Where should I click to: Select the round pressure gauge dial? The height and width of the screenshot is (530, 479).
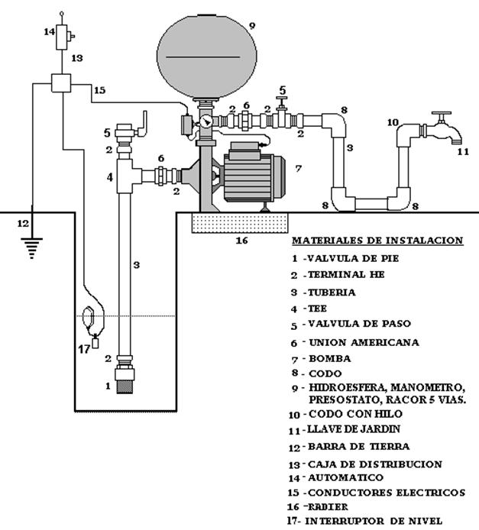click(206, 121)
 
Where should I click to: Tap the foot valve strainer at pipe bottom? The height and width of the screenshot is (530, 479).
click(125, 386)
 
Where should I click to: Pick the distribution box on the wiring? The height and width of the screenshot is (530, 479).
click(61, 82)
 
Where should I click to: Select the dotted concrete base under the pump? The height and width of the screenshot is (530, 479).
click(240, 223)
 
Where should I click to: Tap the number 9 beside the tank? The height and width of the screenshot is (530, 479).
click(251, 26)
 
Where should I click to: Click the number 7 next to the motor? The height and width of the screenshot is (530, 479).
click(298, 168)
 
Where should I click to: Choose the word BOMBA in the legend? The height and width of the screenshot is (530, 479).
click(329, 358)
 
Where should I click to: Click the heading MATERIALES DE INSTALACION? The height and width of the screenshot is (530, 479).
click(377, 241)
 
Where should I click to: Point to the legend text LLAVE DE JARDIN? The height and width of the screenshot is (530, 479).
click(353, 429)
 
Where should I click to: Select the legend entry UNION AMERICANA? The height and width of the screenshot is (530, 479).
click(364, 342)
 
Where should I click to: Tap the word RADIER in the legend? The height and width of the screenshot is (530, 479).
click(328, 507)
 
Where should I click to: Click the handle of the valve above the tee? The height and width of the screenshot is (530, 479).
click(144, 124)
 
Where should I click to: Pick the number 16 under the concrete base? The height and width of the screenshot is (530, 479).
click(242, 241)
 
